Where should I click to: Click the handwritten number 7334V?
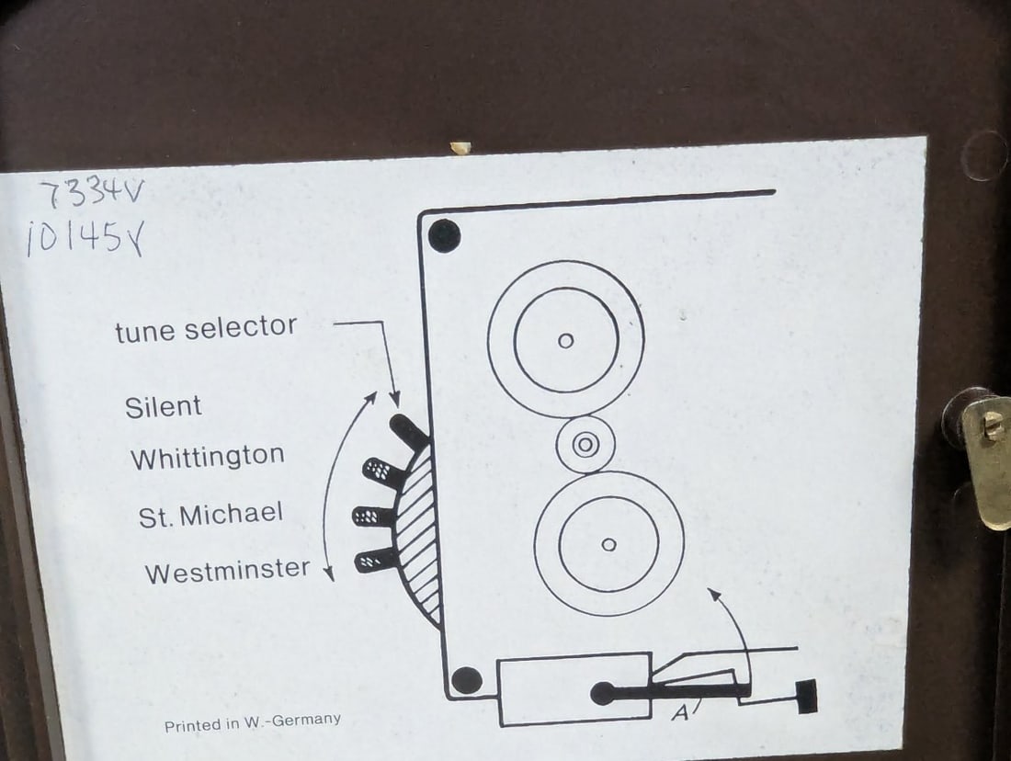click(x=92, y=191)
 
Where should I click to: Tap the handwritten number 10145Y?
click(x=85, y=237)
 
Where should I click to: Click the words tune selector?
click(x=206, y=329)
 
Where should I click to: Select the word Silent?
click(x=163, y=407)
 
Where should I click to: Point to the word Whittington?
click(x=208, y=457)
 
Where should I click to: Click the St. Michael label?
click(x=210, y=515)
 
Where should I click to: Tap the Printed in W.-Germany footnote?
click(x=252, y=721)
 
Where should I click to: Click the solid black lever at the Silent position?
click(x=407, y=431)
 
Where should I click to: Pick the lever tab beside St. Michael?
click(x=372, y=516)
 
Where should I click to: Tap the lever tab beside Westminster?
click(x=375, y=561)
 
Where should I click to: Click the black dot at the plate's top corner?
click(x=444, y=236)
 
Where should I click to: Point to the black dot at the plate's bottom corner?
click(x=467, y=680)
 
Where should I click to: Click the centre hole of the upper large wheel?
click(x=565, y=340)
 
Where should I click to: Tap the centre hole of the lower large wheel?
click(x=608, y=545)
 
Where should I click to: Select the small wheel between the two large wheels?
click(x=585, y=444)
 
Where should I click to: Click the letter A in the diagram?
click(x=679, y=713)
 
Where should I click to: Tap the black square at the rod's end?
click(x=807, y=697)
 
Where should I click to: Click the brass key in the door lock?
click(x=985, y=458)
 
